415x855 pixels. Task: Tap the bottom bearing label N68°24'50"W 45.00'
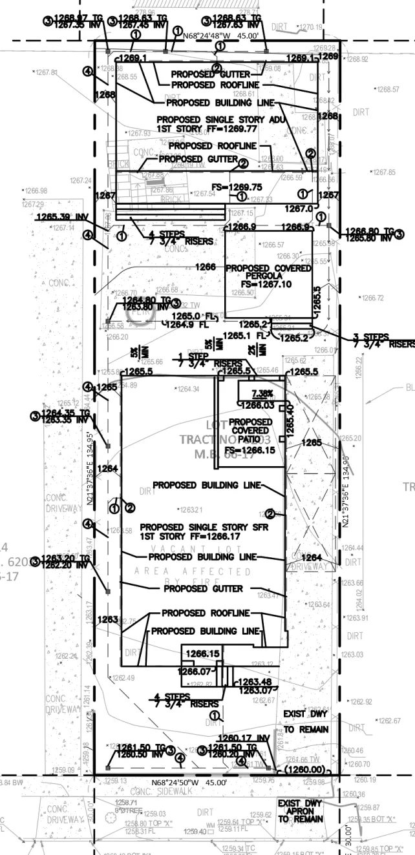[189, 782]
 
